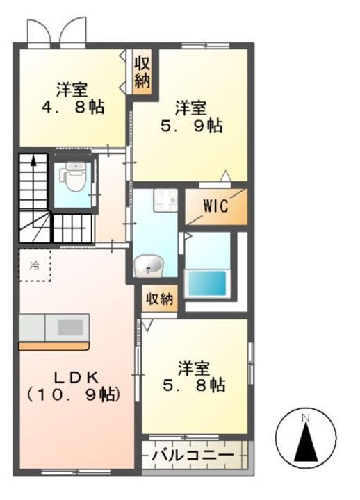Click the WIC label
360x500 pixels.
[215, 207]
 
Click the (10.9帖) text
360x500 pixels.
[74, 394]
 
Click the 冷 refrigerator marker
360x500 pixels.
[34, 265]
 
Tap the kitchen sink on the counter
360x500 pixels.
[69, 327]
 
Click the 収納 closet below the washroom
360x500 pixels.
[159, 299]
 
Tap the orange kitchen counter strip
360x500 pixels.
[54, 345]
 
